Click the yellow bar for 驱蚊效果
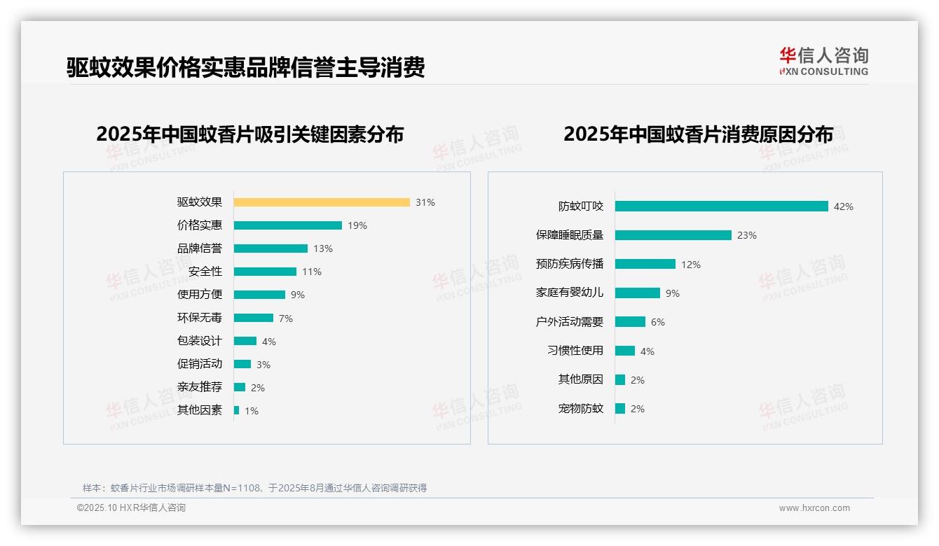point(322,202)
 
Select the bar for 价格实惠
point(288,225)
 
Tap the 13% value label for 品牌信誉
point(323,248)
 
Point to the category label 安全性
point(205,272)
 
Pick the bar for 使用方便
point(259,295)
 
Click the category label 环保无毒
point(199,318)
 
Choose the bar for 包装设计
point(245,341)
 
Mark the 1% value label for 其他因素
point(252,411)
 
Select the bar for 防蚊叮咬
point(722,206)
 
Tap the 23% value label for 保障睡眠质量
point(747,235)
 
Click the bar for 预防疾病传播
point(645,265)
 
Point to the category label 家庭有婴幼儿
point(569,293)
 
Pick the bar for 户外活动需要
point(630,322)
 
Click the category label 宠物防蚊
point(580,408)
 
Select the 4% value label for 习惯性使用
point(647,351)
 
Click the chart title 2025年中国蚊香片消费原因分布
point(698,134)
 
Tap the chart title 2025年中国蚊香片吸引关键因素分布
point(250,134)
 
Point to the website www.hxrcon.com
point(814,508)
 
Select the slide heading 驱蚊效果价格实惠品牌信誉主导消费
point(245,68)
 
